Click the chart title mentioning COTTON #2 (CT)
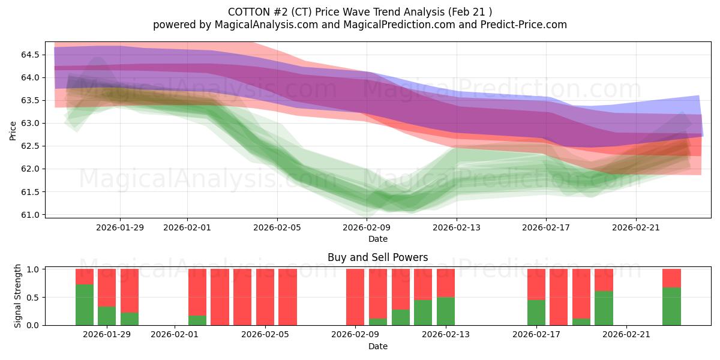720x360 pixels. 359,12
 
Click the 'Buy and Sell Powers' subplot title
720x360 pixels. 377,257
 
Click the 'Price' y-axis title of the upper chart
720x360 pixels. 13,130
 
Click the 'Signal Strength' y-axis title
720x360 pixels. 18,296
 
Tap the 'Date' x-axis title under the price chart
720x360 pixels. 377,239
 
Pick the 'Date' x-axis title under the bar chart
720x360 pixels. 377,346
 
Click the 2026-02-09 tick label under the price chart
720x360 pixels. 367,227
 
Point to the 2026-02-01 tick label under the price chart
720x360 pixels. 187,227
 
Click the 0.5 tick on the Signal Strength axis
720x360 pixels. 34,297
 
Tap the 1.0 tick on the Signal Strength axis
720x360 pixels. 34,269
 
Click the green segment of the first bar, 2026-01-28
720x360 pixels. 85,305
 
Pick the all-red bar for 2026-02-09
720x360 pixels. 355,297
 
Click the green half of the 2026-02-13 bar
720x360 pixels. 446,311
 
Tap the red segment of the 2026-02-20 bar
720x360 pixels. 604,280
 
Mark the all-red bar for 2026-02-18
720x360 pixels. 559,297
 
